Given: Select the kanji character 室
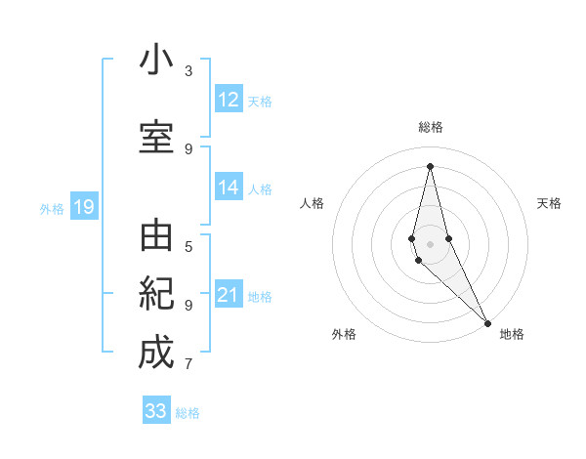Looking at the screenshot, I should point(156,136).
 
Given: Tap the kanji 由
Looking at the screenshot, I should point(156,237).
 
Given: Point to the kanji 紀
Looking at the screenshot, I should point(156,294).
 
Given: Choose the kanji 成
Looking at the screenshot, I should point(156,352).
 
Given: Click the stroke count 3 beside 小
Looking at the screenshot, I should point(188,71).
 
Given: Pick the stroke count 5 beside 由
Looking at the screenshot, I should point(188,246).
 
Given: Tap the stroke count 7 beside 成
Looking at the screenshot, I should point(188,364).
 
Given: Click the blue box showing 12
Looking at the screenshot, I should point(229,100).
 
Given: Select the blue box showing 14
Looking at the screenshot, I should point(229,188).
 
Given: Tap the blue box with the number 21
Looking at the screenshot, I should point(229,295).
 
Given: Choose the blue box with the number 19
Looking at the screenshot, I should point(84,207).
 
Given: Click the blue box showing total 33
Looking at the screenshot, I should point(156,411).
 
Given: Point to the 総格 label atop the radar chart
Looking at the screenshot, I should point(431,127).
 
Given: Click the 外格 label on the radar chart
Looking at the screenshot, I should point(344,334).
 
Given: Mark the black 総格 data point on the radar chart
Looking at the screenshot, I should point(430,166).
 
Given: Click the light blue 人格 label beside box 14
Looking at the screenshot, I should point(260,189).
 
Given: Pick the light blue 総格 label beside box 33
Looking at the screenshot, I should point(188,412).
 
